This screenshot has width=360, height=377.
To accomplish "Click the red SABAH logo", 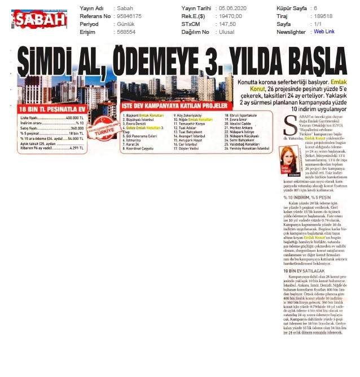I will click(39, 20).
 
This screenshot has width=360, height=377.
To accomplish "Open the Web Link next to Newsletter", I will click(324, 32).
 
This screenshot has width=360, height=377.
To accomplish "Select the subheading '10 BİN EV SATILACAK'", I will click(301, 271).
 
